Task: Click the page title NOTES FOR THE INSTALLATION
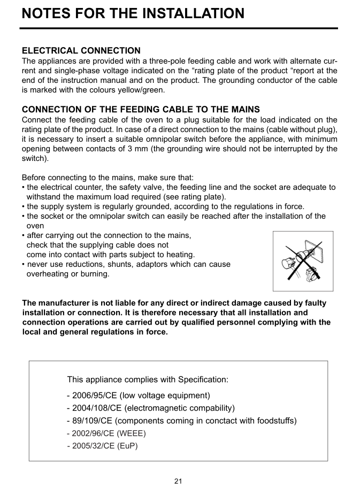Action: point(133,13)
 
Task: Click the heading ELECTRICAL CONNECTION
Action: point(81,51)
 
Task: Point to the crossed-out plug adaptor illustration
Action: point(303,261)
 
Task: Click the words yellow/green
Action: point(141,90)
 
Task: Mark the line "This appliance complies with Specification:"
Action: point(148,380)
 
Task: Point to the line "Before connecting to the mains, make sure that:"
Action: point(108,178)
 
